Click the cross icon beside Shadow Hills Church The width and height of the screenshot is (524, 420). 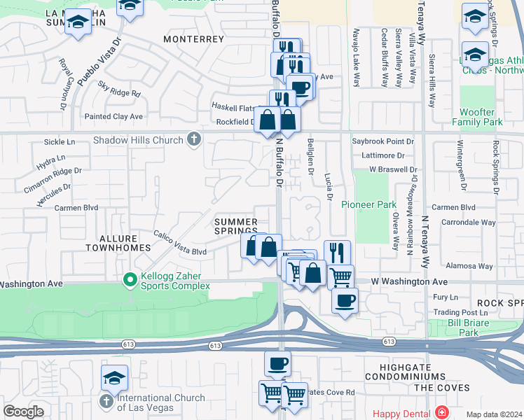pyautogui.click(x=193, y=140)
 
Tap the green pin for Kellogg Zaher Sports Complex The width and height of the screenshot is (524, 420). pyautogui.click(x=130, y=280)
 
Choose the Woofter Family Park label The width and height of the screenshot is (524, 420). pyautogui.click(x=481, y=117)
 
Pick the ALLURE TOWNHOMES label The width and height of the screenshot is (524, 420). pyautogui.click(x=118, y=243)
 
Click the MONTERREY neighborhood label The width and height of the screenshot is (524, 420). pyautogui.click(x=193, y=40)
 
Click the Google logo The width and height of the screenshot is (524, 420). pyautogui.click(x=23, y=412)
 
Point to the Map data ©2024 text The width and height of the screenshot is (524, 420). pyautogui.click(x=493, y=414)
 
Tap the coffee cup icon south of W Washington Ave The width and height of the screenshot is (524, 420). pyautogui.click(x=344, y=302)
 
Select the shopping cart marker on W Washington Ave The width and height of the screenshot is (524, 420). pyautogui.click(x=340, y=276)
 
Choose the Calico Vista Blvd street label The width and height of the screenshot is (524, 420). pyautogui.click(x=181, y=244)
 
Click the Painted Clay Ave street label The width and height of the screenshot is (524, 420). pyautogui.click(x=113, y=116)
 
